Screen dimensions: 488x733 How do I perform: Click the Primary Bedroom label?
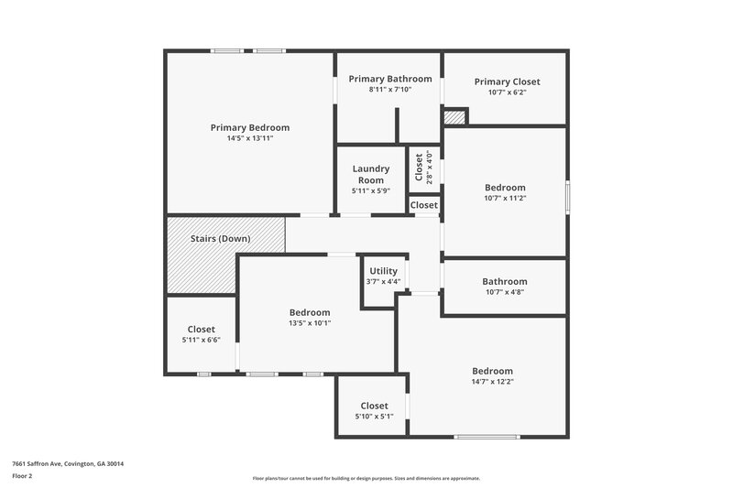click(249, 127)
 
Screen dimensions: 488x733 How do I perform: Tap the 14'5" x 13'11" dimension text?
click(249, 138)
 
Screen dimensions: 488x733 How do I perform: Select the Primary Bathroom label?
click(389, 79)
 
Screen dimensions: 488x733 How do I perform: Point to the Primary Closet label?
click(507, 81)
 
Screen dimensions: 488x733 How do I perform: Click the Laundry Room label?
click(371, 174)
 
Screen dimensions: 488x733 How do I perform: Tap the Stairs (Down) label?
click(224, 239)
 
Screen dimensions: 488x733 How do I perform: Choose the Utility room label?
click(383, 271)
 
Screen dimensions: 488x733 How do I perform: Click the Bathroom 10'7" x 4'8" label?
click(505, 281)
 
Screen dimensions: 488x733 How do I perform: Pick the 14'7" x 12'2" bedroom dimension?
click(505, 382)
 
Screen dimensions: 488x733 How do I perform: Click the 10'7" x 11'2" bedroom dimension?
click(505, 198)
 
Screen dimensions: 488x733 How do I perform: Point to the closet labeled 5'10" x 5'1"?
click(374, 410)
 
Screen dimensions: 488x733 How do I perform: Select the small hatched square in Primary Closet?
click(454, 116)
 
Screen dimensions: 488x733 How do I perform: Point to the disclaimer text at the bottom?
click(366, 478)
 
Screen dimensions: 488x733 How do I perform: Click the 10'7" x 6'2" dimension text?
click(507, 92)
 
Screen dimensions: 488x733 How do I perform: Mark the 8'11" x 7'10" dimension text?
click(389, 90)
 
